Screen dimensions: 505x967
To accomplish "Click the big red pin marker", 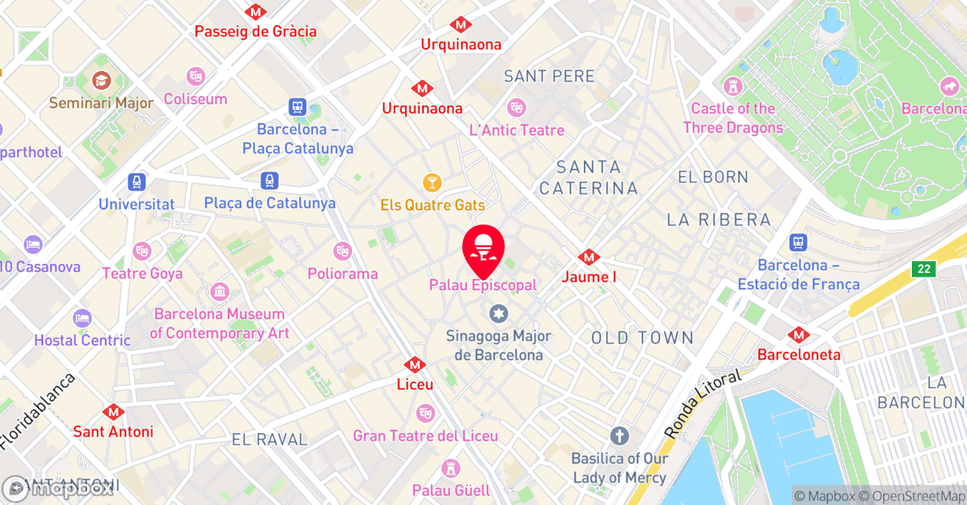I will tap(483, 249).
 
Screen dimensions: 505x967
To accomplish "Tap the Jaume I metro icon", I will tap(589, 258).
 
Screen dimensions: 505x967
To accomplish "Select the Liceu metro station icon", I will tap(415, 365).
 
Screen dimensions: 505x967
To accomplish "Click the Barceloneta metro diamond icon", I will tap(799, 335).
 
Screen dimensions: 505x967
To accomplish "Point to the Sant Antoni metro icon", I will tap(113, 412).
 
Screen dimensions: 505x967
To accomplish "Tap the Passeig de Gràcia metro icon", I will tap(255, 12).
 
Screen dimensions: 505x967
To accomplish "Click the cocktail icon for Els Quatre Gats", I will tap(431, 183).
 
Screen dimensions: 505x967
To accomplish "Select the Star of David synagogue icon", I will tap(498, 313).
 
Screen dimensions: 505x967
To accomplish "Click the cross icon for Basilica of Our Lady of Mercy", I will tap(619, 435).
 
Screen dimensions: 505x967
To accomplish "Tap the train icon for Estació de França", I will tap(798, 243).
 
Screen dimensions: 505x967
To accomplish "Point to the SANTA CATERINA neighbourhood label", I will tap(589, 178).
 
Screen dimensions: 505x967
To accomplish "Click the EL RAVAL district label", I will tap(270, 439).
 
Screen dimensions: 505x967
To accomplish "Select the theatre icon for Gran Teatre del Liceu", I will tap(425, 414).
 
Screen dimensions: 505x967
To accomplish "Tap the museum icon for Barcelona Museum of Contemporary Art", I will tap(220, 291).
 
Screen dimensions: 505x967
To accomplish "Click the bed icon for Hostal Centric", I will tap(82, 318).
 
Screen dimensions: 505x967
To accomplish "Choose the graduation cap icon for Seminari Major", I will tap(101, 80).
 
